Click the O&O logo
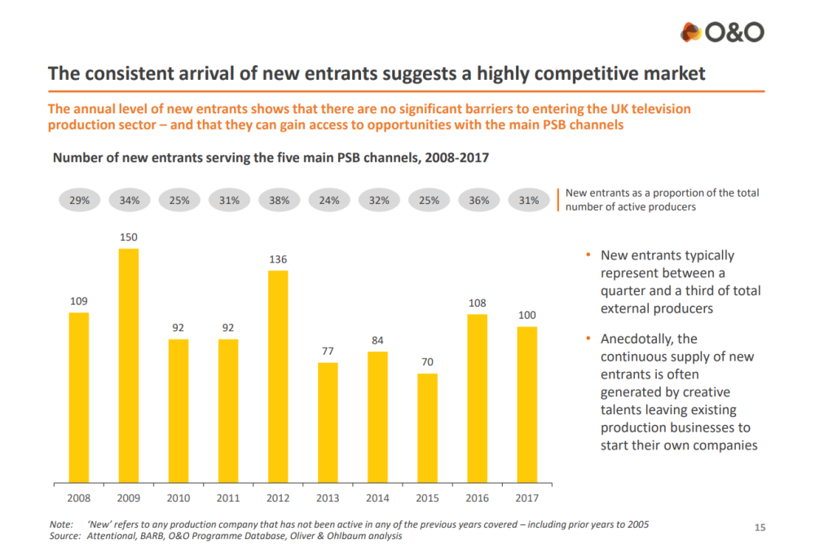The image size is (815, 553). tap(722, 32)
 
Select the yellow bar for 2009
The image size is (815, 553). tap(129, 365)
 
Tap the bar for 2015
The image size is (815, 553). tap(427, 427)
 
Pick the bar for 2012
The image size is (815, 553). tap(278, 376)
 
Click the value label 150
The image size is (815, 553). tap(129, 237)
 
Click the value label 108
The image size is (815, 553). tap(477, 303)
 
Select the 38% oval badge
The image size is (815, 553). tap(279, 200)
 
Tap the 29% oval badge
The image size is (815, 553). tap(80, 200)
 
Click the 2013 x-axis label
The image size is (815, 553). tap(328, 497)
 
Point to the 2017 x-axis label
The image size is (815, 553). tap(526, 497)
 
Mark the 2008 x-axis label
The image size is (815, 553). tap(79, 497)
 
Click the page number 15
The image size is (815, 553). tap(760, 528)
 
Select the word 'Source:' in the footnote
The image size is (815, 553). tap(65, 536)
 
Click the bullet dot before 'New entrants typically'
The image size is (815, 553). tap(588, 255)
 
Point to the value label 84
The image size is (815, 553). tap(377, 340)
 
